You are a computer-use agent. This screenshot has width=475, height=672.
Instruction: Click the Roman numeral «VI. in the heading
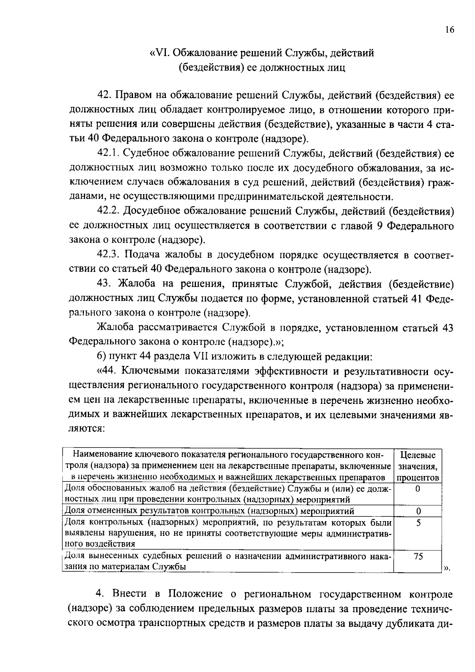pos(159,53)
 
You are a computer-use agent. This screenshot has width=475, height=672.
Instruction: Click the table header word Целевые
pos(418,455)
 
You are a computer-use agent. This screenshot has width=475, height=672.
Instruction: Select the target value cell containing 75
pos(418,556)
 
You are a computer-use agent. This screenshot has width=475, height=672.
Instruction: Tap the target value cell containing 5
pos(418,523)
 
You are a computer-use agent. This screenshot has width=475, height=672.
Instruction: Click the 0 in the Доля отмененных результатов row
pos(418,511)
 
